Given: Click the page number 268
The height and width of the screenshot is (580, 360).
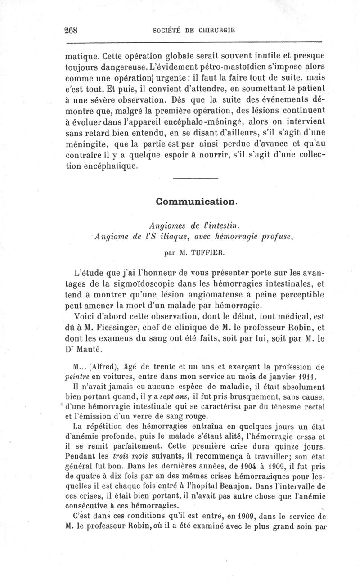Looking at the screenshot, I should click(x=72, y=31).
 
